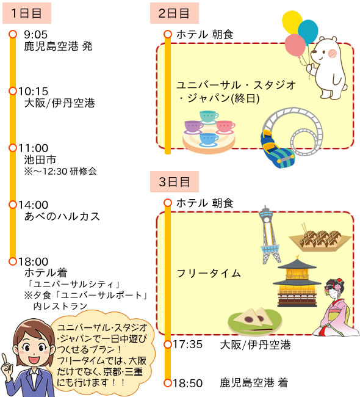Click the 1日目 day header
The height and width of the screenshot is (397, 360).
pos(27,13)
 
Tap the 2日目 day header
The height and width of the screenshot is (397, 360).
pos(175,13)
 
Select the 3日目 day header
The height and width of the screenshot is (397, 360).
pos(175,181)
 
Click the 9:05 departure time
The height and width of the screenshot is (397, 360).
pos(35,34)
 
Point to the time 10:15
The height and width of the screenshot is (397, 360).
pos(33,91)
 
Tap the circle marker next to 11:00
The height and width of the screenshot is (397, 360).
pos(13,148)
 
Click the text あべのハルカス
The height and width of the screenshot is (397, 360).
pos(62,216)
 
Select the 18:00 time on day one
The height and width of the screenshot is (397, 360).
pos(33,261)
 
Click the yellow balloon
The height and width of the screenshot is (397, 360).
pos(292,22)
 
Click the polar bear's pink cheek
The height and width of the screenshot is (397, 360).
pos(332,53)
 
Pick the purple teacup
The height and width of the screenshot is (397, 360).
pos(193,126)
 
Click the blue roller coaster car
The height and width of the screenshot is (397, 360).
pos(277,150)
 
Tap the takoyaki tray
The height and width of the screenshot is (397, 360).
pos(320,239)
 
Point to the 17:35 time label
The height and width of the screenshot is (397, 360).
pos(187,344)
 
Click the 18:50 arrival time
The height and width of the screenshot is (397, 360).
pos(187,383)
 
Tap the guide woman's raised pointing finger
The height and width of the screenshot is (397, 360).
pos(4,359)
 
